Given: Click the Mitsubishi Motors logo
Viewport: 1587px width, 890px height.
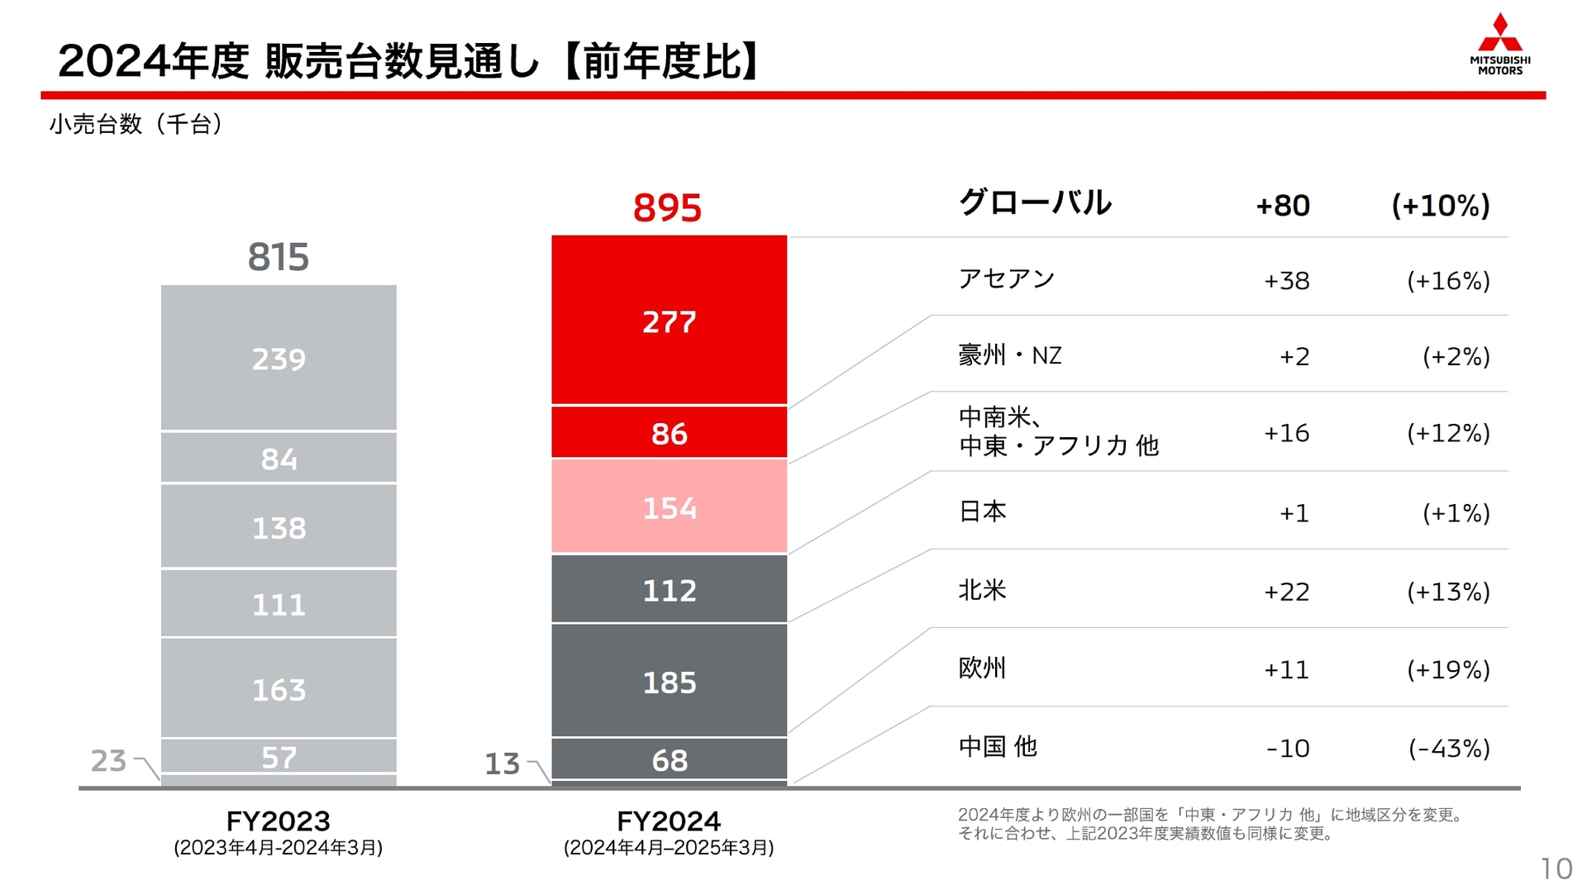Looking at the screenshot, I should click(1499, 45).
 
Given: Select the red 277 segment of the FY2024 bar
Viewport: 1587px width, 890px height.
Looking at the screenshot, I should click(669, 321).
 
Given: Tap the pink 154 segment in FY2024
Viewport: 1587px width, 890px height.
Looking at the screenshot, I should click(669, 507).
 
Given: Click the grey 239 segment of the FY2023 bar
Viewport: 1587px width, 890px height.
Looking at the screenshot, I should click(279, 358).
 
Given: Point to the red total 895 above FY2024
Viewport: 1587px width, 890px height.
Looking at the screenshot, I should click(667, 207).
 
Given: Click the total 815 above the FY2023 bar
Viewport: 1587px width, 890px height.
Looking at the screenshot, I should click(279, 257).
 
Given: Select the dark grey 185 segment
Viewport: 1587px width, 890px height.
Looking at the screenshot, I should click(669, 682).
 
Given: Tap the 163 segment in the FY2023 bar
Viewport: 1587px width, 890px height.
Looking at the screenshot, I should click(279, 688).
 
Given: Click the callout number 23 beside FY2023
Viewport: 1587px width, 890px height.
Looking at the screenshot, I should click(108, 760).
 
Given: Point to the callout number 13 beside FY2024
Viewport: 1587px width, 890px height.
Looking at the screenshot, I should click(502, 763).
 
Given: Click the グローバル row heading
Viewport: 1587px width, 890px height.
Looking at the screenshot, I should click(1035, 202).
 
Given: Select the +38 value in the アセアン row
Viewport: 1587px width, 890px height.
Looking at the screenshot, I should click(1286, 281).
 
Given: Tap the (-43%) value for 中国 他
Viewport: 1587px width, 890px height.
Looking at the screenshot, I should click(1448, 748).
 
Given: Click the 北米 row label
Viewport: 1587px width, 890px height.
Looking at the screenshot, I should click(982, 590).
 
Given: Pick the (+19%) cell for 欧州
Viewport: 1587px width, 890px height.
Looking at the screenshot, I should click(1448, 669).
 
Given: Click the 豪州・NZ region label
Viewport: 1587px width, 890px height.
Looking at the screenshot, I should click(1009, 355).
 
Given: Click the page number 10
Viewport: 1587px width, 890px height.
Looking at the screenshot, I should click(1556, 869).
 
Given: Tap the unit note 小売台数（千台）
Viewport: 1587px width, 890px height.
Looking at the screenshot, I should click(136, 124).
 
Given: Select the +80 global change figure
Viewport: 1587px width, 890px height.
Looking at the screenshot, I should click(1282, 206).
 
